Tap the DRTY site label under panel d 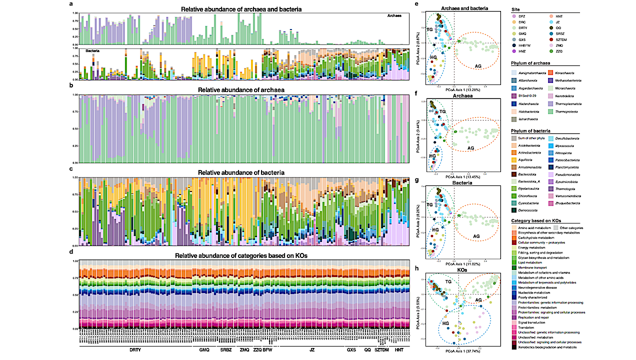coord(134,349)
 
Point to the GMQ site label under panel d coord(204,349)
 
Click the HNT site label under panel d coord(398,349)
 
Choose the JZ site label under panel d coord(312,349)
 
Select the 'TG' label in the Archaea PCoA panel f coord(442,111)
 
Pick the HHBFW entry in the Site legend coord(526,44)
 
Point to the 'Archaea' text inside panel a coord(394,16)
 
